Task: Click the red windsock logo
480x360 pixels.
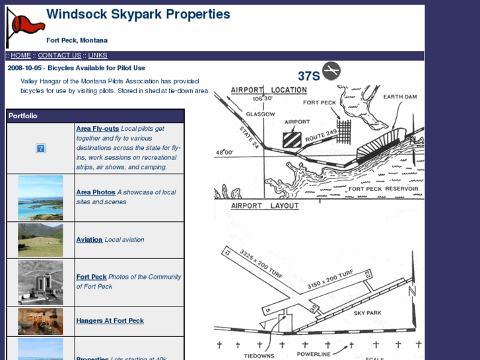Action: (26, 27)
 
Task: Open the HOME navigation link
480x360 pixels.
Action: (20, 55)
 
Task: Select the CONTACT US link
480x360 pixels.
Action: (59, 55)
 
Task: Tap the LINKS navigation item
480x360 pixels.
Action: (97, 55)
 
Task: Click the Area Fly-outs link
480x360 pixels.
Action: (97, 129)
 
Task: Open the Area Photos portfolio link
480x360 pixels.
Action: (96, 192)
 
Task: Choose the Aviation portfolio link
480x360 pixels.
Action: (89, 240)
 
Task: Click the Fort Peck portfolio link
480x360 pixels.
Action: (91, 277)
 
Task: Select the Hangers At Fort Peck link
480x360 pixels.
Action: (110, 320)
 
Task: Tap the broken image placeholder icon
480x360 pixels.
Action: (40, 149)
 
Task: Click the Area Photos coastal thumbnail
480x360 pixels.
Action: (40, 198)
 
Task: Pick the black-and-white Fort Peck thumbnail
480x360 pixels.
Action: (40, 282)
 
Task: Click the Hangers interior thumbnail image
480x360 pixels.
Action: (40, 321)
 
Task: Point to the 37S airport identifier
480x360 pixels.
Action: (308, 76)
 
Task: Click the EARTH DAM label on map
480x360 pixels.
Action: (400, 97)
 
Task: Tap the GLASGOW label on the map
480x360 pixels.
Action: (260, 114)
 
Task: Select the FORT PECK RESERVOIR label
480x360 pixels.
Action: (383, 189)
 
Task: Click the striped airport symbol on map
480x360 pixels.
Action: (292, 139)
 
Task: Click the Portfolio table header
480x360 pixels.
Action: (23, 116)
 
